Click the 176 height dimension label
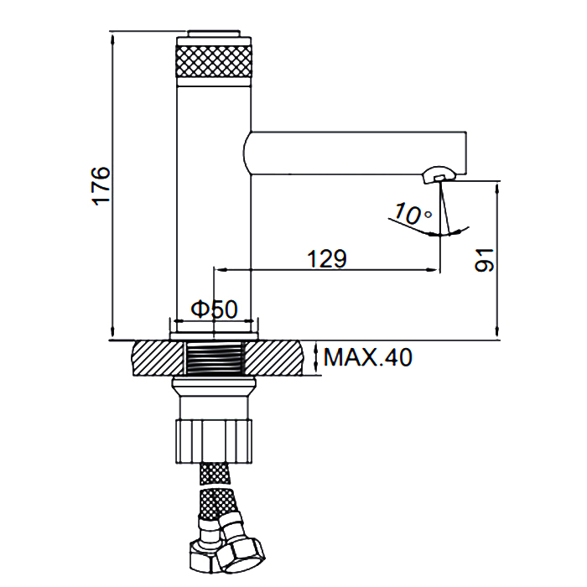coord(101,186)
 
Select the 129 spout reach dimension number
coord(327,258)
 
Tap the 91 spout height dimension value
coord(484,260)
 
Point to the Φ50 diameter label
coord(214,309)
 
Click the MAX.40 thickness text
coord(367,357)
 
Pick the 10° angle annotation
coord(413,214)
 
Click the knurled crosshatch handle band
coord(214,61)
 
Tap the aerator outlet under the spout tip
coord(439,175)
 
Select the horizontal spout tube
coord(355,153)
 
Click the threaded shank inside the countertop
coord(215,357)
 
